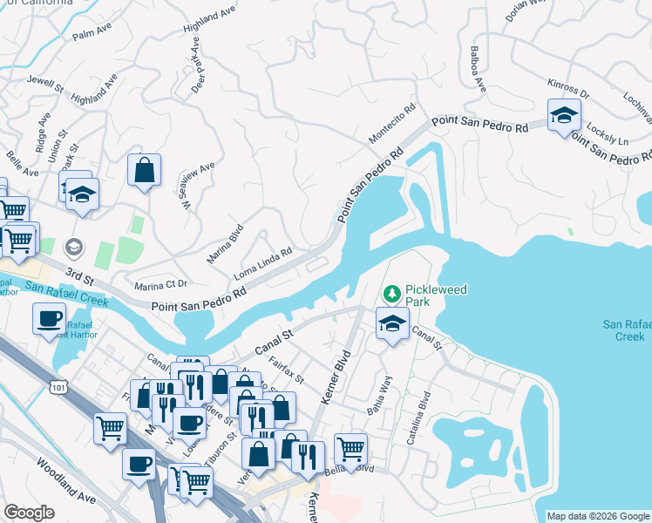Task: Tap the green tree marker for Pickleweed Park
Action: coord(392,292)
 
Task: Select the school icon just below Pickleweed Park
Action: coord(393,323)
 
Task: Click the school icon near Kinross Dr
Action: coord(564,115)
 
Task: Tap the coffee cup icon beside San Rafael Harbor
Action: coord(49,318)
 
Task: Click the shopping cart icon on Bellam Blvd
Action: coord(350,449)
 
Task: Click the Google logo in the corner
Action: coord(29,513)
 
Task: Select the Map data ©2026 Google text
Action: coord(598,516)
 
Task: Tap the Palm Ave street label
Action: coord(93,32)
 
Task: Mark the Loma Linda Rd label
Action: coord(262,265)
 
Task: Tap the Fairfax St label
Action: coord(286,373)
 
